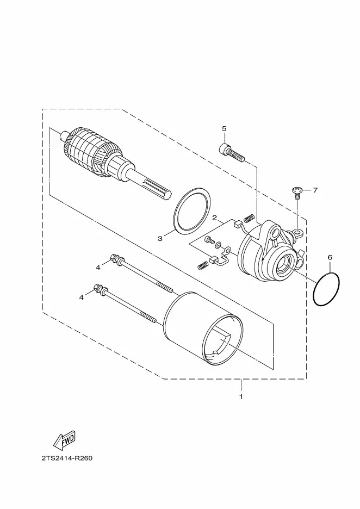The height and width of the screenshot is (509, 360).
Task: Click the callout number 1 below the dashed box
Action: [241, 396]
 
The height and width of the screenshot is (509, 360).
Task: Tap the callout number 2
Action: [214, 218]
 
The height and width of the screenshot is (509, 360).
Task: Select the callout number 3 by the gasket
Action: [160, 239]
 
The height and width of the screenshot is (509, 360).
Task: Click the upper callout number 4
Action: [98, 268]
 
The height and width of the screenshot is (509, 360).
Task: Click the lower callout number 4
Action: [82, 297]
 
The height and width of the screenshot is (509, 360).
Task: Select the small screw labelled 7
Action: [297, 193]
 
